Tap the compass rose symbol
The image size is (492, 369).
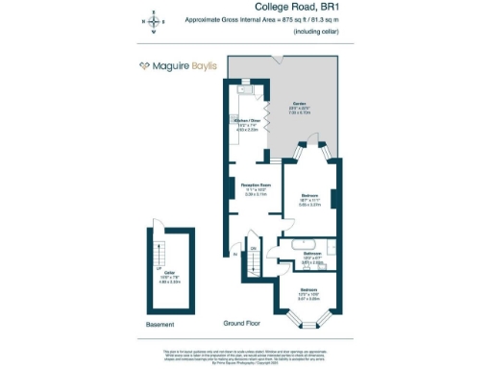pos(151,21)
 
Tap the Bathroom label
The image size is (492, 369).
pos(308,254)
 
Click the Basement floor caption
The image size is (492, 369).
pos(160,325)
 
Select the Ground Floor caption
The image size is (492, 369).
pos(243,325)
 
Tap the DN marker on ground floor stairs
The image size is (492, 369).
pos(255,249)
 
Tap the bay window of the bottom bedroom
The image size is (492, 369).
pos(307,312)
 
